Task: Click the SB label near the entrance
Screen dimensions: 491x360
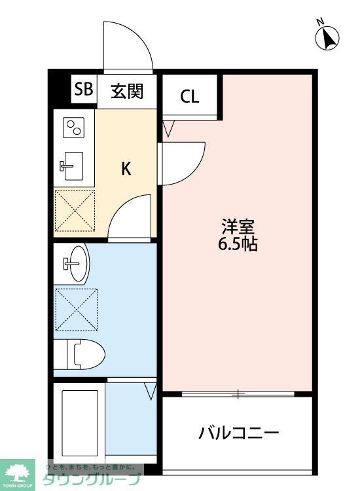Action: coord(83,90)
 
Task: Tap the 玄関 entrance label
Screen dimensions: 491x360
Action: coord(127,91)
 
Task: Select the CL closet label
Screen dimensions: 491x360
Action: coord(190,96)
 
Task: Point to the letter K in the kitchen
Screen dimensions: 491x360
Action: coord(126,168)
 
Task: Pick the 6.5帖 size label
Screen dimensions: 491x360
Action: coord(238,245)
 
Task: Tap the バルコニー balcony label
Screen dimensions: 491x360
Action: coord(239,433)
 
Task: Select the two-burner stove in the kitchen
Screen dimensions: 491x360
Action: coord(73,127)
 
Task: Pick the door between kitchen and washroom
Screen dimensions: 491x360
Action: coord(131,219)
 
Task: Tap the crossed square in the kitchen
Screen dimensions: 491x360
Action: coord(74,209)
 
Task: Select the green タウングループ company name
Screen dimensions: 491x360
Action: coord(92,480)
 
